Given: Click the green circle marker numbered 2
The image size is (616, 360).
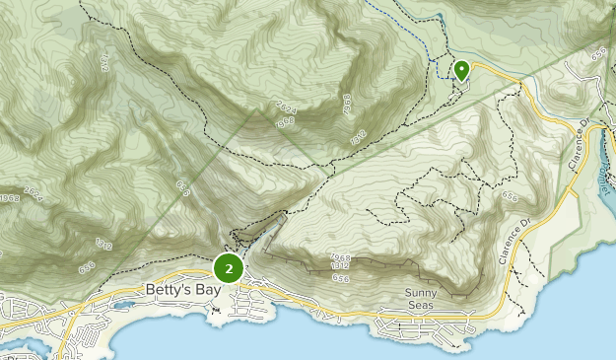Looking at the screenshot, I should pos(229,267).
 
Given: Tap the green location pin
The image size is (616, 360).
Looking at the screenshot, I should pos(461,70).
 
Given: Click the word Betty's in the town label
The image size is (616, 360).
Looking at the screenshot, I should pos(164,291).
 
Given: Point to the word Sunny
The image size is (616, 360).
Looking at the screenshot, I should pos(426,293).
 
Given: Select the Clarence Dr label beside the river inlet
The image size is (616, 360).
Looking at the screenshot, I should pos(579,148).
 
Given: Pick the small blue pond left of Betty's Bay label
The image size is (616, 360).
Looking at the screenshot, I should pos(122,305).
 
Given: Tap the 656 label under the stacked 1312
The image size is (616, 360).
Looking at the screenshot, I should pos(341,279).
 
